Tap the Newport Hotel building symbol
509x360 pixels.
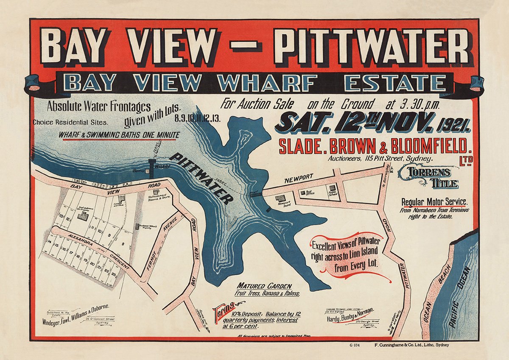[x=280, y=198]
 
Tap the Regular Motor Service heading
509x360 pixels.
[x=434, y=202]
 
